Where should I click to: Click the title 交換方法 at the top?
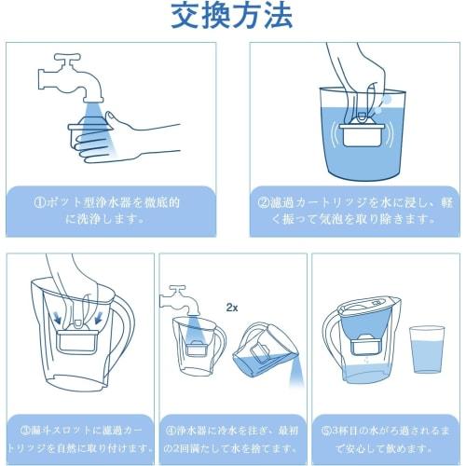[232, 16]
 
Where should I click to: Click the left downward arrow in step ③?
[57, 319]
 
